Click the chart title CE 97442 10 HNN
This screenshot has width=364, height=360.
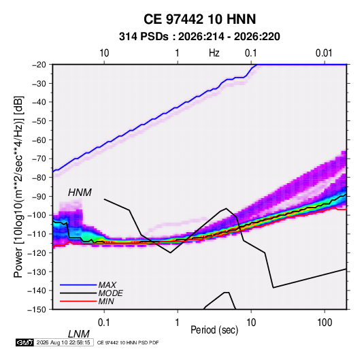pyautogui.click(x=199, y=19)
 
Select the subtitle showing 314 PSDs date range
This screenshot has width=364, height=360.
pyautogui.click(x=199, y=37)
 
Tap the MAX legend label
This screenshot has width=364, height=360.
pyautogui.click(x=107, y=285)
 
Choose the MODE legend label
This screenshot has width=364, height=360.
pyautogui.click(x=110, y=293)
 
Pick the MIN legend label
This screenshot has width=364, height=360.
pyautogui.click(x=106, y=301)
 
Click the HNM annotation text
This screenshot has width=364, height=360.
pyautogui.click(x=80, y=193)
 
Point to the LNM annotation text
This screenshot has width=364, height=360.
pyautogui.click(x=78, y=334)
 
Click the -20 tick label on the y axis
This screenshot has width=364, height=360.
pyautogui.click(x=39, y=65)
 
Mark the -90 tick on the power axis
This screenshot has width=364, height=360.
pyautogui.click(x=39, y=196)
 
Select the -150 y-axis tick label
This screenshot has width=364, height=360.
pyautogui.click(x=37, y=310)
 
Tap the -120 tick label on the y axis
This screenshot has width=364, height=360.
pyautogui.click(x=37, y=253)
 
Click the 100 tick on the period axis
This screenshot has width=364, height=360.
pyautogui.click(x=325, y=323)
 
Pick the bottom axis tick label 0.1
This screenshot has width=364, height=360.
pyautogui.click(x=104, y=323)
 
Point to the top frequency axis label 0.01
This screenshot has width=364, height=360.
pyautogui.click(x=324, y=53)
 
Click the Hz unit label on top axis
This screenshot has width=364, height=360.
pyautogui.click(x=214, y=53)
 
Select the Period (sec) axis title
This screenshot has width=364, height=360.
pyautogui.click(x=214, y=330)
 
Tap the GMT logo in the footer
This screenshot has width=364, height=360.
pyautogui.click(x=25, y=342)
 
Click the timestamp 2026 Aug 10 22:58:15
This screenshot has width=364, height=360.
pyautogui.click(x=63, y=342)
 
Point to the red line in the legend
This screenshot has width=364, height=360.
pyautogui.click(x=78, y=301)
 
